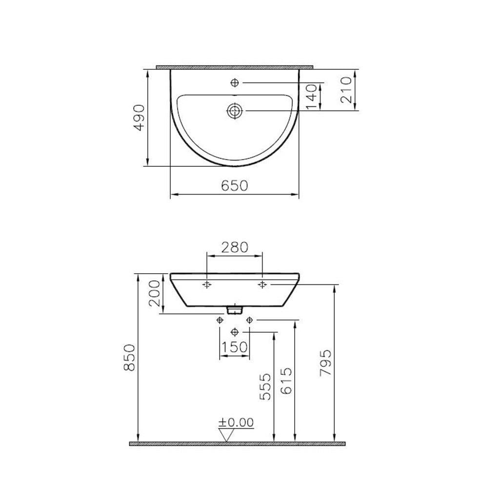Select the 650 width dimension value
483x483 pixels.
coord(235,185)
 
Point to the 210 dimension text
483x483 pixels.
coord(347,90)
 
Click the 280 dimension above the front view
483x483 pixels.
coord(235,247)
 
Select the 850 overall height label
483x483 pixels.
coord(130,357)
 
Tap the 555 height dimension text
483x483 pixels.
coord(265,386)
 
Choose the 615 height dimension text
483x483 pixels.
coord(287,381)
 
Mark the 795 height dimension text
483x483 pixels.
coord(325,362)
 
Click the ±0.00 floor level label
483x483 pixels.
coord(236,423)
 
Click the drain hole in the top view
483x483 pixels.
coord(235,111)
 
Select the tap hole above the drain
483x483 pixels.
coord(235,83)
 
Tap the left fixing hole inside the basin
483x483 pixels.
coord(207,284)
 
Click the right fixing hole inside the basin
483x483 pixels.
coord(262,284)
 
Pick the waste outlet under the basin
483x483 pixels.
coord(235,309)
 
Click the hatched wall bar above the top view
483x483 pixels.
coord(235,67)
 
